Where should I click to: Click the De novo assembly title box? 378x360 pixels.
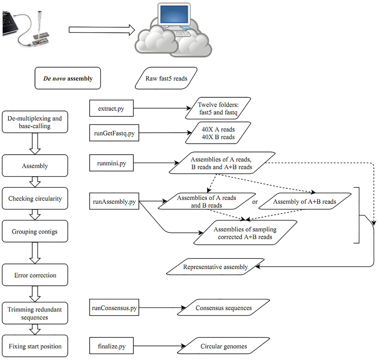pos(68,78)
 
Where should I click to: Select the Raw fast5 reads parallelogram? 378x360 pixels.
pos(166,78)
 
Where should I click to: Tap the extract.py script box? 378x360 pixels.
pos(111,108)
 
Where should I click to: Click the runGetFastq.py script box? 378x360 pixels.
pos(114,133)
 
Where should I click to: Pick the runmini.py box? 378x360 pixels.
pos(112,163)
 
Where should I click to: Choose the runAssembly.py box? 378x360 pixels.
pos(114,202)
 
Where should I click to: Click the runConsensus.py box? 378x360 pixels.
pos(114,308)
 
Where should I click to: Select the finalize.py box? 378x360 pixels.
pos(112,346)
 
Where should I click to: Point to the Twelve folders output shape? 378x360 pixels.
pos(218,108)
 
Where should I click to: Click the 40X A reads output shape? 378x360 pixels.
pos(218,133)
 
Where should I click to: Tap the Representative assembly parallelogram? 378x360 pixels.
pos(215,267)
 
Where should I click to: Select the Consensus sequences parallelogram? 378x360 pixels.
pos(224,308)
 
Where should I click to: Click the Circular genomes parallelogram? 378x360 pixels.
pos(224,346)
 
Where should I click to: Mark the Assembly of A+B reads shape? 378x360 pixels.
pos(305,202)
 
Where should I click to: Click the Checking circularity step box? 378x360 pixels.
pos(35,198)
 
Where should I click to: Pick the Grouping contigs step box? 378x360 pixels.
pos(35,231)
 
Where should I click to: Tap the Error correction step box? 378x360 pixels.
pos(35,275)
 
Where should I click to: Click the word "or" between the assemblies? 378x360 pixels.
pos(255,202)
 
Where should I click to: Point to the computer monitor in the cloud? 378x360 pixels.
pos(175,16)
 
